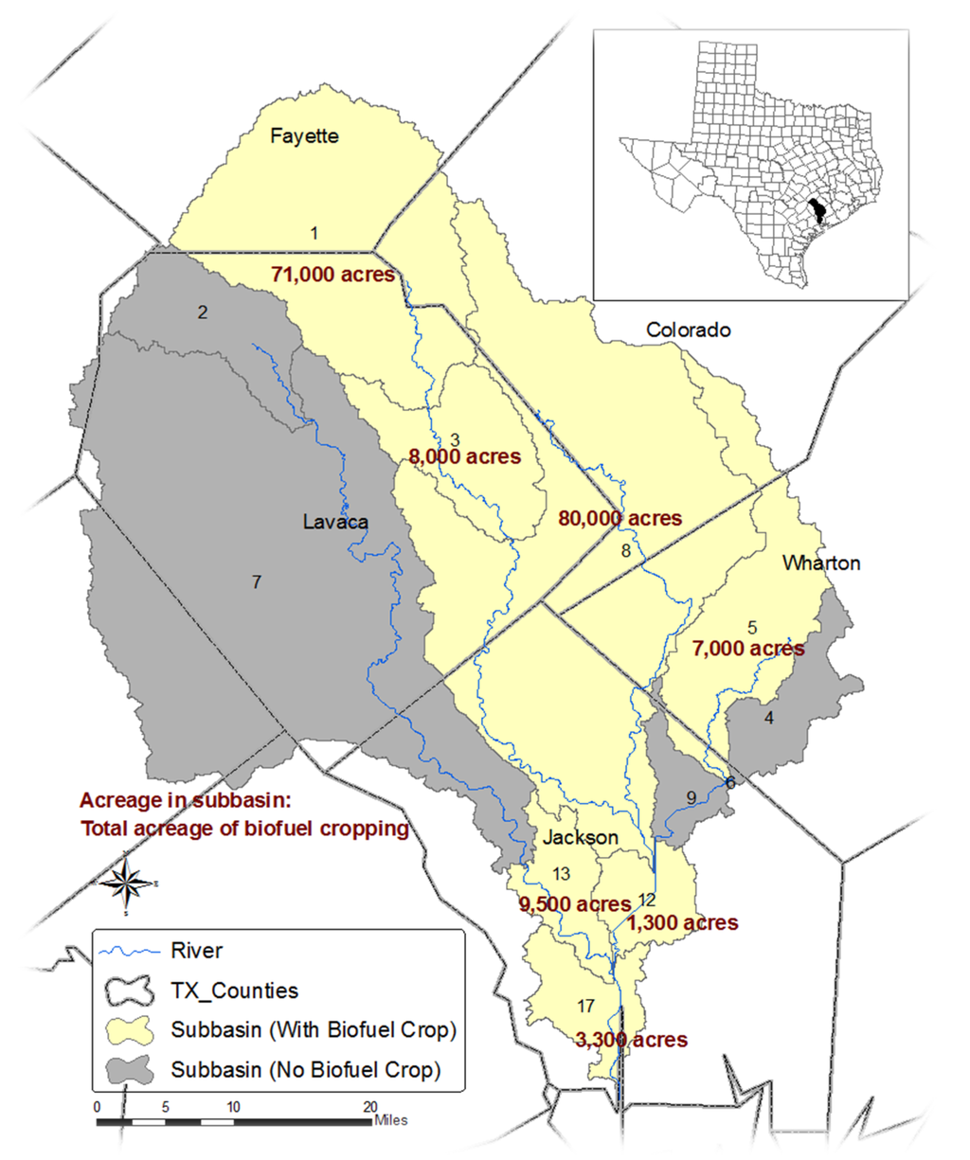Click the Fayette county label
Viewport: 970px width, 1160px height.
click(304, 136)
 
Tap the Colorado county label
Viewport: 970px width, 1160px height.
click(689, 330)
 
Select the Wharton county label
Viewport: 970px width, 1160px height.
click(821, 563)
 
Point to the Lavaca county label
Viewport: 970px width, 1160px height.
click(335, 522)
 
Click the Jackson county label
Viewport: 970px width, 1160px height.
click(581, 838)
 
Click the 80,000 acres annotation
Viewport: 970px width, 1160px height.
click(620, 519)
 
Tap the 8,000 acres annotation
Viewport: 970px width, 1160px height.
click(464, 456)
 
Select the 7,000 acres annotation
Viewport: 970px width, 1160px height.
click(748, 649)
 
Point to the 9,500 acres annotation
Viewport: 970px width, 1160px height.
click(574, 904)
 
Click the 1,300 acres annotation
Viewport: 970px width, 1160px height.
click(683, 923)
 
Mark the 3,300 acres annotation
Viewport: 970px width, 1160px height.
click(632, 1040)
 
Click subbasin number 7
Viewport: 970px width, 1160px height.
click(256, 582)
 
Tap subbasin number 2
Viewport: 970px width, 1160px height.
click(203, 312)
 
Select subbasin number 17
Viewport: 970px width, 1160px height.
click(584, 1006)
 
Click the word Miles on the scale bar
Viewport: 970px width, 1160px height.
click(391, 1120)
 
